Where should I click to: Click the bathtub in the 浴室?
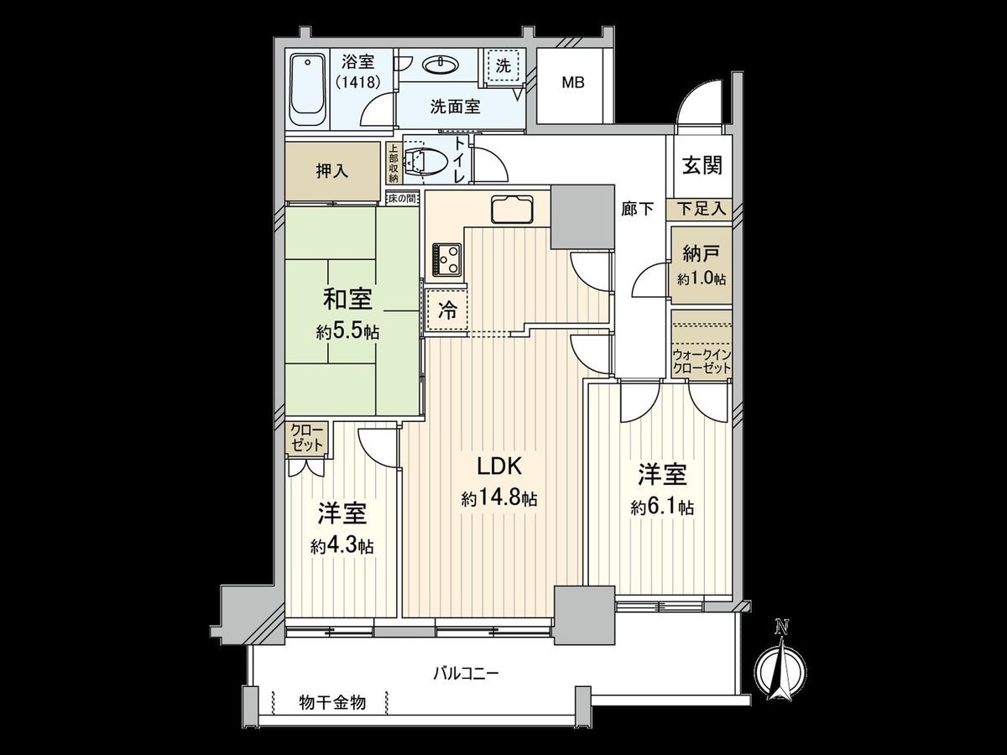point(308,90)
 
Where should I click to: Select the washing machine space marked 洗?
point(503,68)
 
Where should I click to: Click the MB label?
point(573,84)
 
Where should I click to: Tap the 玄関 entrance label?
point(701,165)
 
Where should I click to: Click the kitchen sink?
point(510,209)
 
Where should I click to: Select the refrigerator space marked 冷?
point(448,311)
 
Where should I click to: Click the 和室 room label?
point(348,299)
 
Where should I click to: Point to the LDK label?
point(500,466)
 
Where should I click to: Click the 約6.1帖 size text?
point(662,507)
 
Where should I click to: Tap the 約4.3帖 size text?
point(342,545)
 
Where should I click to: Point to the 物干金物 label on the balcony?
point(332,703)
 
